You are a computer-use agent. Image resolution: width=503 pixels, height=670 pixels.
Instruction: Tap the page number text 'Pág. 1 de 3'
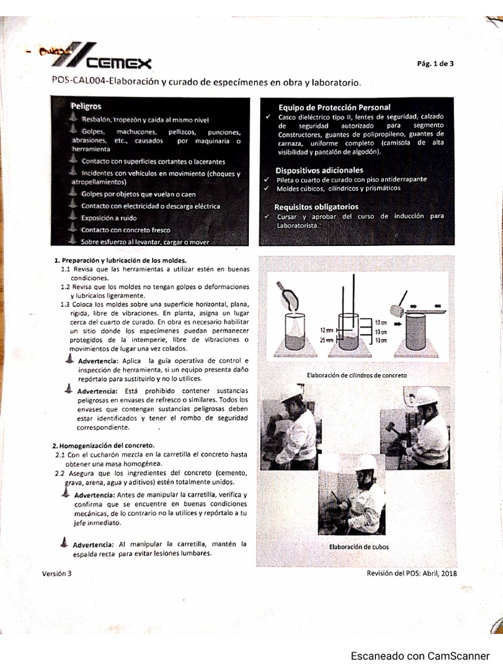click(435, 63)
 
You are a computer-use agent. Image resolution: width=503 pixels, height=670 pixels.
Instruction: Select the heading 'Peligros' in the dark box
click(86, 105)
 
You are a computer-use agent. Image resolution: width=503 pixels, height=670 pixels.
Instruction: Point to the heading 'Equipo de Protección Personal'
click(334, 107)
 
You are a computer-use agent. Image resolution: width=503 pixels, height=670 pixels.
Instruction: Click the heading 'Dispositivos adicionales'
click(319, 170)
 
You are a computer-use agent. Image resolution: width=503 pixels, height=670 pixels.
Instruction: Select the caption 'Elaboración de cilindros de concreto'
click(356, 375)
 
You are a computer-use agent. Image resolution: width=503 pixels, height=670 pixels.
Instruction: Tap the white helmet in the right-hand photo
click(426, 396)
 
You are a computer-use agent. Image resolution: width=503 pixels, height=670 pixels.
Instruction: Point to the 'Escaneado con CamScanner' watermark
click(420, 656)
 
